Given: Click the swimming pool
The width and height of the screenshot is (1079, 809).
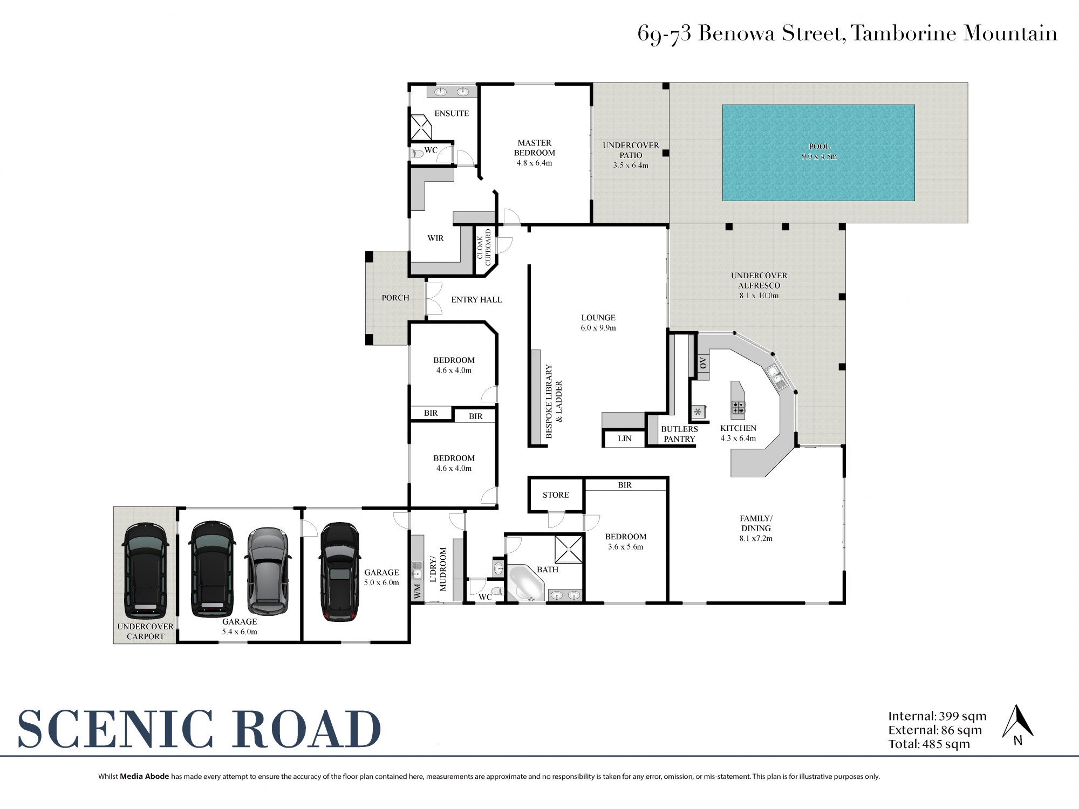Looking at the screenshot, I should point(818,152).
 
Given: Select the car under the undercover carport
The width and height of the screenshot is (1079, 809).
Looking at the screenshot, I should point(145,572).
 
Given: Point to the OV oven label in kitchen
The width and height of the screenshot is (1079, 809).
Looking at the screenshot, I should point(702,363).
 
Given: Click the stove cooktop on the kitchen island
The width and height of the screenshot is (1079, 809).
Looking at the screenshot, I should point(738,408).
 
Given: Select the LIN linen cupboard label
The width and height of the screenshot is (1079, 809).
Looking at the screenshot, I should point(624,438).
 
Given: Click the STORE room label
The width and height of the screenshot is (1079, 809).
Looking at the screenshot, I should point(556,495).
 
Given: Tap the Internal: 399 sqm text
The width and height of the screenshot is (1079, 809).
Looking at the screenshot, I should point(937,716).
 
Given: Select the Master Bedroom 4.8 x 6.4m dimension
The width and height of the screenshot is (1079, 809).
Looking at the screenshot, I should point(534,163).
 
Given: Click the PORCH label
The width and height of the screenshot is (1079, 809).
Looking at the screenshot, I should point(395,298).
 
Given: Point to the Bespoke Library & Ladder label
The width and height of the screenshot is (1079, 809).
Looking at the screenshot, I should point(554,400).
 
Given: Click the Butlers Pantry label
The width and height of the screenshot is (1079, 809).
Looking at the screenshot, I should point(679,434).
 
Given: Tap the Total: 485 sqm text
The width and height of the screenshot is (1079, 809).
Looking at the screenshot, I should point(929,744).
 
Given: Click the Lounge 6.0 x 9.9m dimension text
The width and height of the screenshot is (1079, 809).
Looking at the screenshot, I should point(598,327).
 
